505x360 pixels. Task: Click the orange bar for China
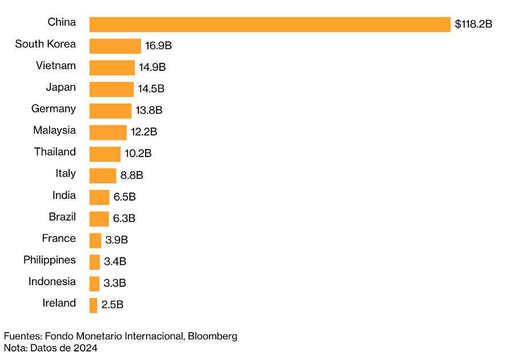(270, 25)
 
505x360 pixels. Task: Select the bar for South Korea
(115, 46)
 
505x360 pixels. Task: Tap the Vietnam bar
(112, 67)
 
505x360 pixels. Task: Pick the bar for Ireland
(93, 305)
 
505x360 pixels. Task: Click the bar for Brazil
(99, 219)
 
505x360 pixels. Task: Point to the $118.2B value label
(473, 25)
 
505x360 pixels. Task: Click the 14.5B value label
(151, 89)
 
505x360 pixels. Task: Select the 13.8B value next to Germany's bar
(149, 111)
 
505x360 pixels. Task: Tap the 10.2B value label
(138, 154)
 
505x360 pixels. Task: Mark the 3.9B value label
(116, 240)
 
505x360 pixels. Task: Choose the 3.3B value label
(115, 283)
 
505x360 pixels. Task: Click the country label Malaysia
(54, 130)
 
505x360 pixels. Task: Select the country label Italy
(65, 174)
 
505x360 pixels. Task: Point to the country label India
(64, 195)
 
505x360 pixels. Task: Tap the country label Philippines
(49, 260)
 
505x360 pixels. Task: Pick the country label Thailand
(55, 152)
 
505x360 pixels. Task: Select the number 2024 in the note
(85, 347)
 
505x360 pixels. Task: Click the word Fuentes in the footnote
(22, 336)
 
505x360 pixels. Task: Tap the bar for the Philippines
(95, 262)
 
